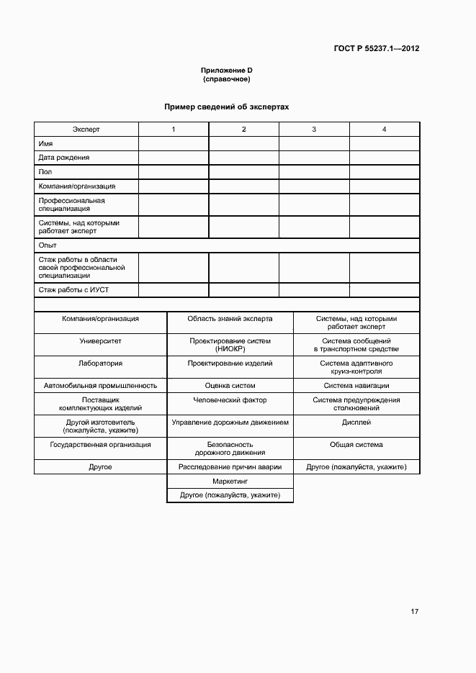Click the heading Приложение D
tap(226, 70)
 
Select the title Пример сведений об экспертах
tap(226, 107)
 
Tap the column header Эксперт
tap(86, 129)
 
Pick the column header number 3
tap(314, 129)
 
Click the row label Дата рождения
tap(64, 157)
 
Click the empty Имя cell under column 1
tap(174, 143)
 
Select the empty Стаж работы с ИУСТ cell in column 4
tap(384, 290)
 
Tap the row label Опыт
tap(48, 245)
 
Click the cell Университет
tap(100, 340)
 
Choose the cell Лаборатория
tap(100, 363)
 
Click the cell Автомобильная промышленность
tap(100, 385)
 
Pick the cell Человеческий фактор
tap(230, 400)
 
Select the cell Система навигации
tap(356, 385)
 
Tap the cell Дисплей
tap(356, 423)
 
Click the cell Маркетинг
tap(230, 481)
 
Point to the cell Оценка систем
tap(230, 385)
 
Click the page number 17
tap(414, 612)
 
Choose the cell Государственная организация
tap(100, 445)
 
